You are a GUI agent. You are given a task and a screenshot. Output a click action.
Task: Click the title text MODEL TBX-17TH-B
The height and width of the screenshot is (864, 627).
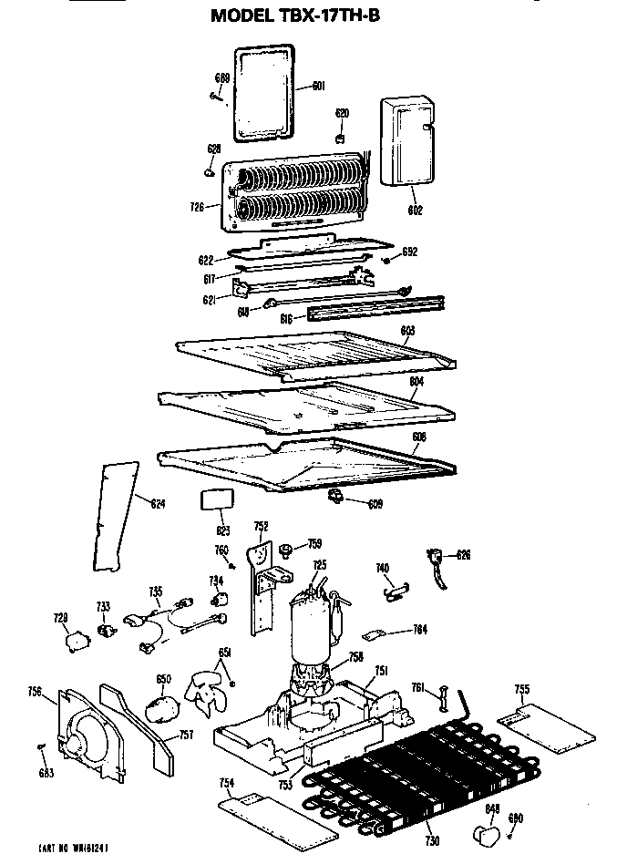click(295, 15)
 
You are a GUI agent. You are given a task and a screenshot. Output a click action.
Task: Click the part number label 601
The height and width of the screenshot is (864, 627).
click(318, 86)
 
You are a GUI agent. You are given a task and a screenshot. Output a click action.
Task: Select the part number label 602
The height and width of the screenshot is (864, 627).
click(415, 211)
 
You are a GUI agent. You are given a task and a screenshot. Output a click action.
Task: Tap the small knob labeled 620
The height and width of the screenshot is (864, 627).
click(341, 137)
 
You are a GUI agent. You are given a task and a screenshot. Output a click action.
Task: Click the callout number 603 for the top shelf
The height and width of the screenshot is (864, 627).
click(407, 329)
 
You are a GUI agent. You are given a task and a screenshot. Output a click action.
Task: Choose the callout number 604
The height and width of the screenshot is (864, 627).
click(416, 383)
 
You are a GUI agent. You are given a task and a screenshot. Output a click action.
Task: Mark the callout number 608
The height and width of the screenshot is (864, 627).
click(418, 437)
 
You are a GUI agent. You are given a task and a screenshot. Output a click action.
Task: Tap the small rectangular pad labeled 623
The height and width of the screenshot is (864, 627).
click(216, 499)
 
